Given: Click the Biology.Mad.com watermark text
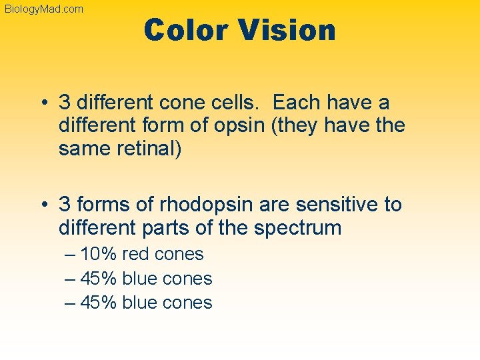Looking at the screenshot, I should click(x=44, y=9).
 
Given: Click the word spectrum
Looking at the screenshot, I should click(x=297, y=227).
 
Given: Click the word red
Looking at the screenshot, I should click(x=136, y=254).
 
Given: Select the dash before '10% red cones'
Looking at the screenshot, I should click(x=71, y=254).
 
